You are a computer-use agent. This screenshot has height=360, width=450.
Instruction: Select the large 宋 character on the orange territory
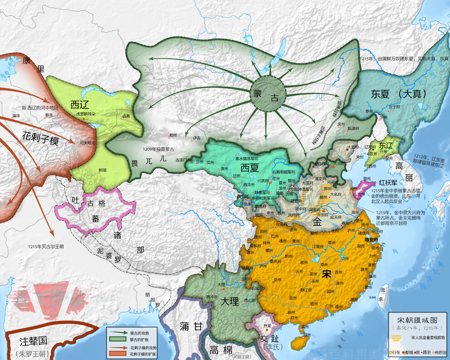[x=326, y=274]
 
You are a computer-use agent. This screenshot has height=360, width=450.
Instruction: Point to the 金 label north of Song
[x=317, y=222]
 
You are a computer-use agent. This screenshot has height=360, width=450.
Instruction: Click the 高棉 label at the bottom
[x=221, y=349]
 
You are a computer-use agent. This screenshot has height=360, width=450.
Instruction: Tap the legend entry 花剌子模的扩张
[x=144, y=352]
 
